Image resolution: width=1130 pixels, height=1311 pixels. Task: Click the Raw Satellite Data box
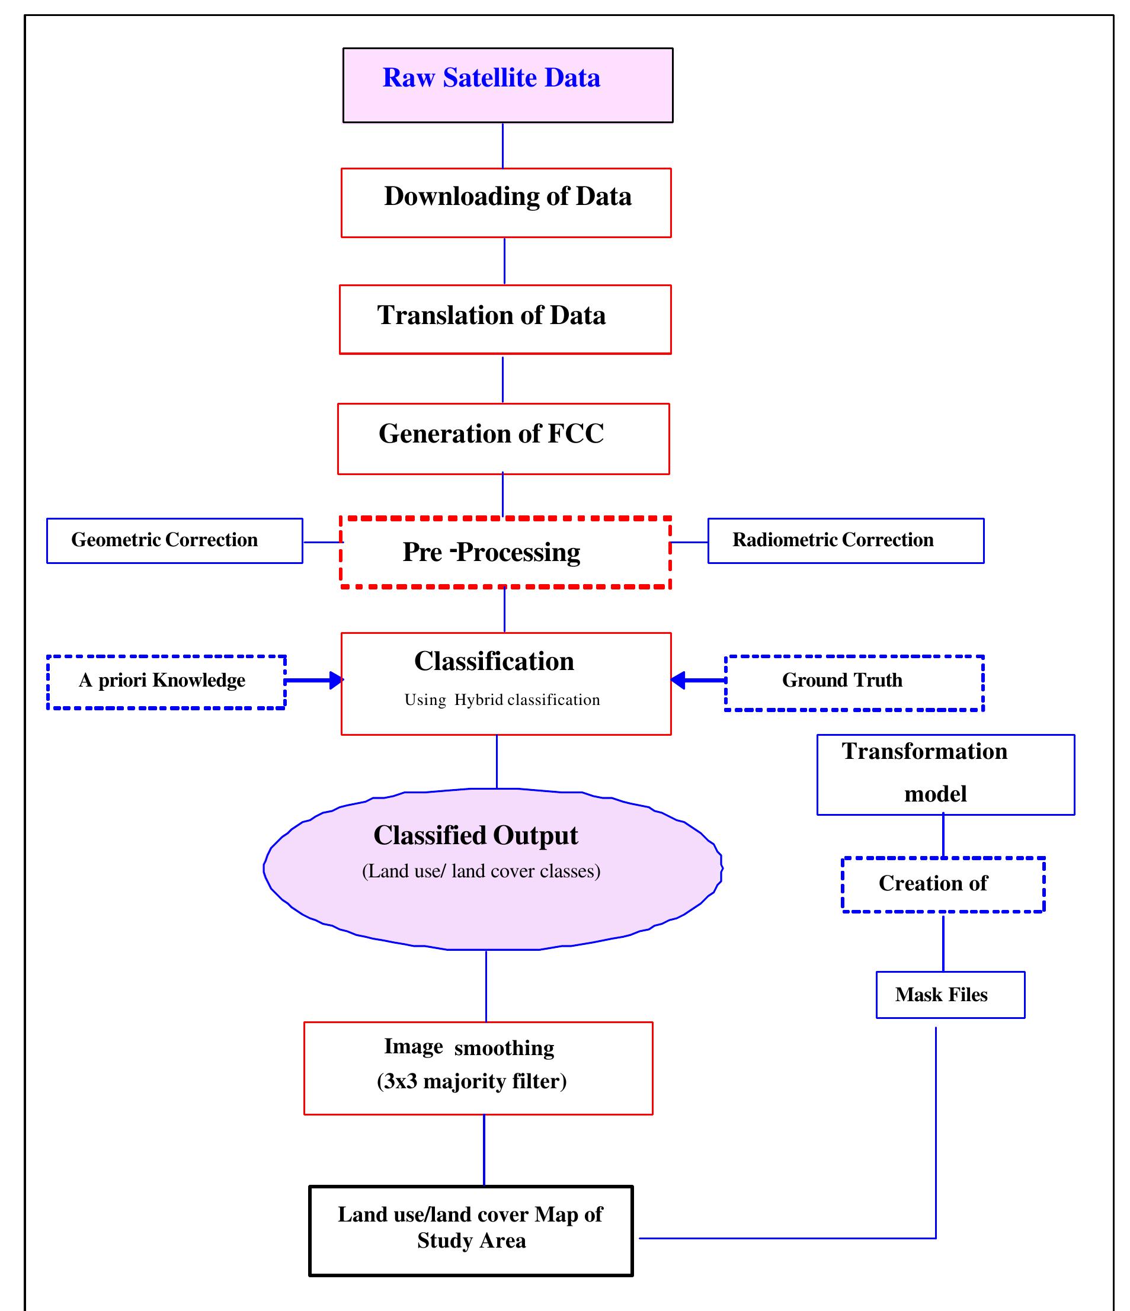(507, 85)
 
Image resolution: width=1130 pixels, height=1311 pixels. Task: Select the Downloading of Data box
(506, 203)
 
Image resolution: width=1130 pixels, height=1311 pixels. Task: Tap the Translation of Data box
(504, 319)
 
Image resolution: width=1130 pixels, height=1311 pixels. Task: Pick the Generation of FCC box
(503, 438)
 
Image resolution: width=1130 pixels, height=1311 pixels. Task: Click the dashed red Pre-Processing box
(504, 552)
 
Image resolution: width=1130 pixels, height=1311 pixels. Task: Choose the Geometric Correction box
(174, 540)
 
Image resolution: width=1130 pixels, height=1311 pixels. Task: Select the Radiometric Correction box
(845, 540)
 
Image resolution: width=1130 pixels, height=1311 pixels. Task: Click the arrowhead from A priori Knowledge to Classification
(336, 680)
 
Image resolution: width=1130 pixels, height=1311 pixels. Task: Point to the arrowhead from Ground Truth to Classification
(678, 680)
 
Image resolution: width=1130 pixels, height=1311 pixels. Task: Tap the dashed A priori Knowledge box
(166, 682)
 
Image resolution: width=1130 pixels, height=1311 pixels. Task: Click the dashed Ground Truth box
(853, 682)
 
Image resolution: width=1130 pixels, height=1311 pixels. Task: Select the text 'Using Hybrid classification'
(502, 700)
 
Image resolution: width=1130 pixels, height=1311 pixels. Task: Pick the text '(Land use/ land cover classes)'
(481, 871)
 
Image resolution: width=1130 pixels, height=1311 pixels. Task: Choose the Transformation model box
(945, 774)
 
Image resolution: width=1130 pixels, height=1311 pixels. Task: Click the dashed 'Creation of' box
(943, 884)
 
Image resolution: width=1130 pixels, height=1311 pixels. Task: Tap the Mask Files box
(950, 995)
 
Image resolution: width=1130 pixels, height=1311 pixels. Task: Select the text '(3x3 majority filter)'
(472, 1081)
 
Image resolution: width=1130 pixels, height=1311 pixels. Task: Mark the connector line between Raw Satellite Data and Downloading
(502, 146)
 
